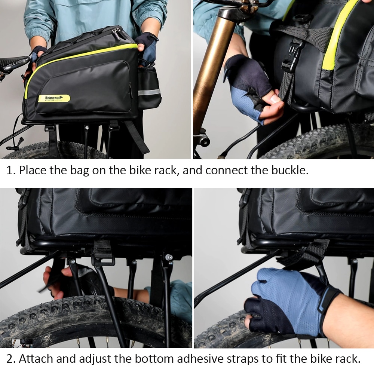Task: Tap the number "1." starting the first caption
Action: (x=11, y=171)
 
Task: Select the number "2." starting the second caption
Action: (x=11, y=359)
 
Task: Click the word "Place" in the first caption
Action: (x=33, y=171)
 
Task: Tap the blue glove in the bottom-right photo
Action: (x=284, y=295)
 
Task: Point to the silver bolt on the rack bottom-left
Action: (x=169, y=257)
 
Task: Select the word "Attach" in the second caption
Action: (x=36, y=359)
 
